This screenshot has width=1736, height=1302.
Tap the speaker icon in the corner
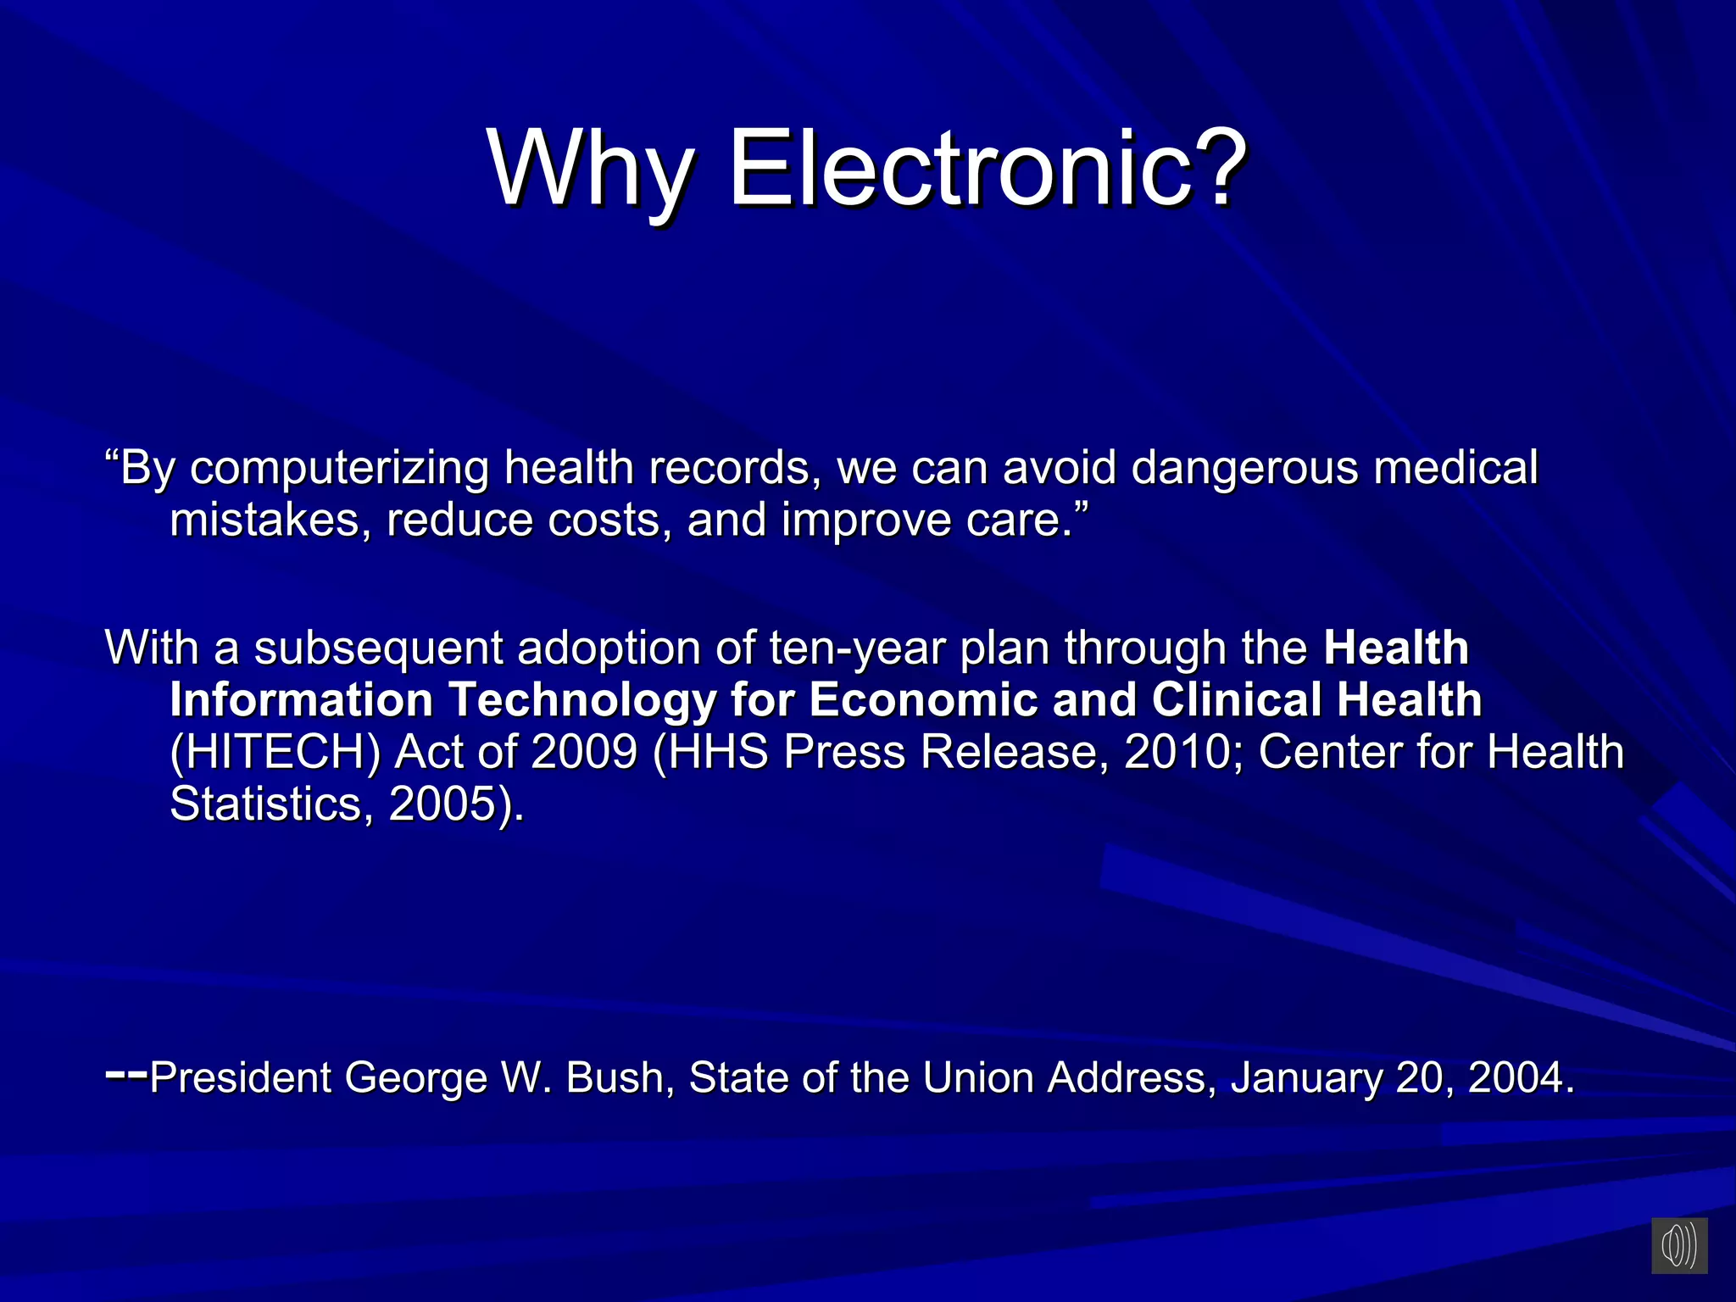pos(1678,1245)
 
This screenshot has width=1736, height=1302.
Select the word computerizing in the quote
pos(339,469)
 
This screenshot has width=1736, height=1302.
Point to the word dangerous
pos(1244,469)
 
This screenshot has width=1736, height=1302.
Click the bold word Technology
pos(582,701)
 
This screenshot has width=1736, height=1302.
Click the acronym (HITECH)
pos(275,753)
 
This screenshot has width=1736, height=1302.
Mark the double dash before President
pos(126,1074)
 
